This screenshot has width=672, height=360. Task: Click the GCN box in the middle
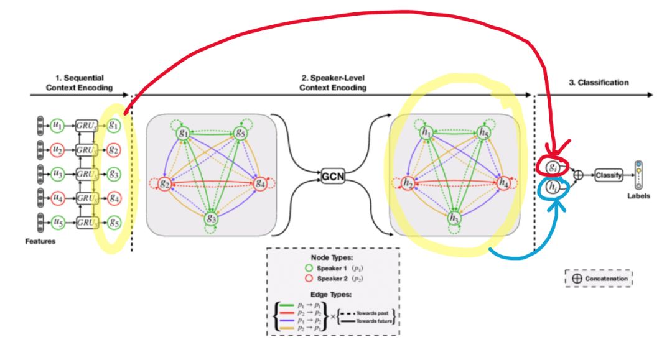click(332, 176)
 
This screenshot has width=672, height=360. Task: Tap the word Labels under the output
click(638, 196)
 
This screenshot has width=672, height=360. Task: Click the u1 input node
click(57, 124)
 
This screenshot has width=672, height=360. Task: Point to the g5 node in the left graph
click(240, 133)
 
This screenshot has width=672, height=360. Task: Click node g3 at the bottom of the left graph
click(211, 219)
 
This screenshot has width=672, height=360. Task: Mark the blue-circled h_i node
click(552, 187)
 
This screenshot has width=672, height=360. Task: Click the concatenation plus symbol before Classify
click(579, 176)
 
